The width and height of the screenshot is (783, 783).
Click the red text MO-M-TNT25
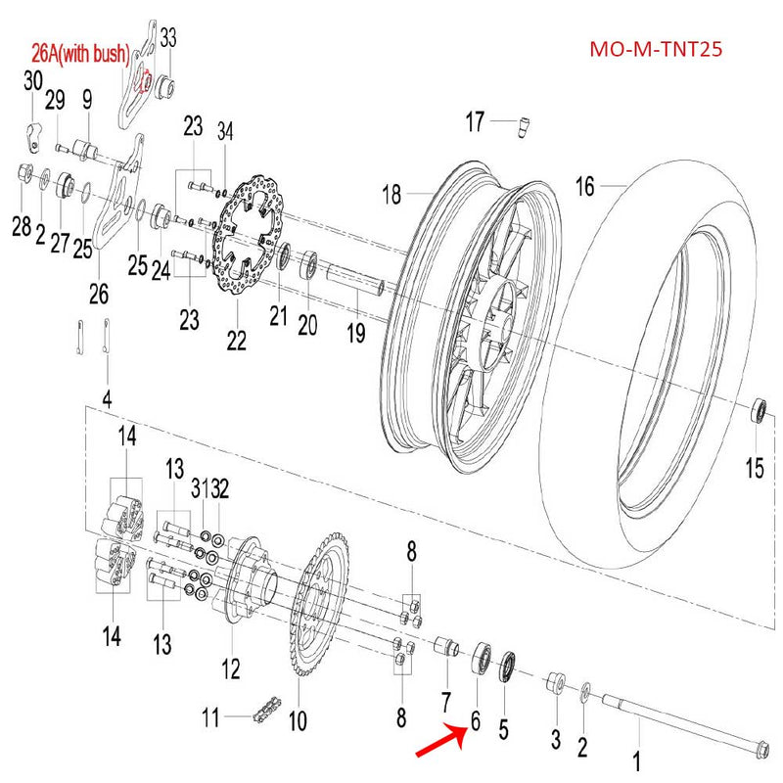click(x=656, y=49)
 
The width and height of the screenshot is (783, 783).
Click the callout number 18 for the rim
click(x=391, y=195)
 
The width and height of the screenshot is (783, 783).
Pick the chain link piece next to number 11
click(x=261, y=712)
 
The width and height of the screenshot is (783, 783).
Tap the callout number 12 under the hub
click(x=230, y=670)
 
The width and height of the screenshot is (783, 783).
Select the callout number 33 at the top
click(x=168, y=38)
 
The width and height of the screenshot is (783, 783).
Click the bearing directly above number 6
click(x=482, y=656)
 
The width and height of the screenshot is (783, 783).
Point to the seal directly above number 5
click(x=509, y=668)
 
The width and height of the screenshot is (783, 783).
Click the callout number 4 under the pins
click(x=108, y=399)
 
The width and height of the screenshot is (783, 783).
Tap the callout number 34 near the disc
click(x=226, y=132)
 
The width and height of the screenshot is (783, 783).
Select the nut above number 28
click(x=22, y=175)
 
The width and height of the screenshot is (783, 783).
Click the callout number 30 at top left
click(x=33, y=80)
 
